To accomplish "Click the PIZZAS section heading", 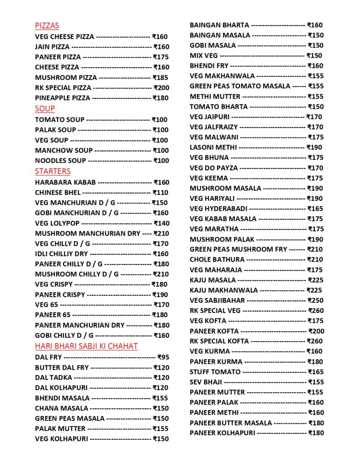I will pyautogui.click(x=47, y=26).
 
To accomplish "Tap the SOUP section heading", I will pyautogui.click(x=45, y=109).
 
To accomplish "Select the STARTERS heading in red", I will pyautogui.click(x=53, y=172).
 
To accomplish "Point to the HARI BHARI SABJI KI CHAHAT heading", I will pyautogui.click(x=86, y=346).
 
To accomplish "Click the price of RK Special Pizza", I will pyautogui.click(x=161, y=88).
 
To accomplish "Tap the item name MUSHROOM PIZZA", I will pyautogui.click(x=66, y=78).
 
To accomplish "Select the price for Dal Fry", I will pyautogui.click(x=163, y=357).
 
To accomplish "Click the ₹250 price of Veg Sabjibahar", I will pyautogui.click(x=315, y=300).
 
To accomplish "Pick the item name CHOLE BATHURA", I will pyautogui.click(x=217, y=260).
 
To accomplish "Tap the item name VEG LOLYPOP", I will pyautogui.click(x=57, y=223).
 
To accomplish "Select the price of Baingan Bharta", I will pyautogui.click(x=315, y=25).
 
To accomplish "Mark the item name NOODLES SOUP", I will pyautogui.click(x=61, y=161).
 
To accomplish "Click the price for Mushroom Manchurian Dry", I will pyautogui.click(x=162, y=233).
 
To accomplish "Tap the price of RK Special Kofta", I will pyautogui.click(x=315, y=341).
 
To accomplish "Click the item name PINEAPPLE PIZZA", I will pyautogui.click(x=63, y=98).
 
